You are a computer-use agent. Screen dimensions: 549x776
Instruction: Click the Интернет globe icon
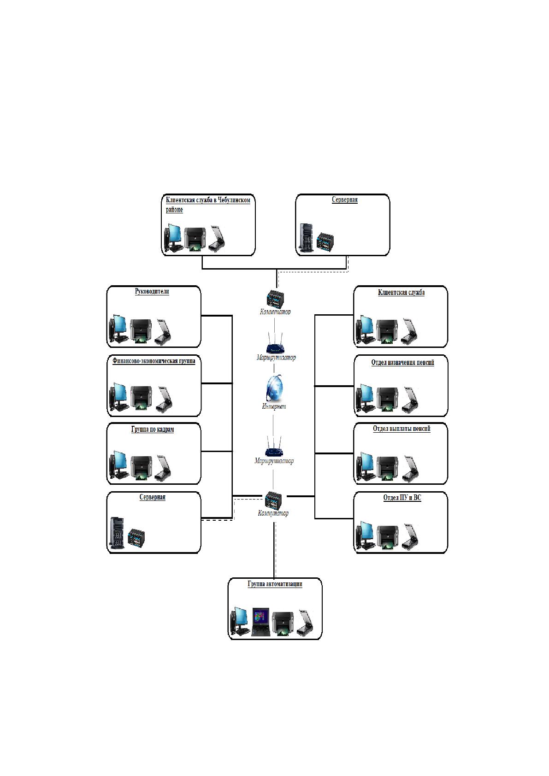(274, 388)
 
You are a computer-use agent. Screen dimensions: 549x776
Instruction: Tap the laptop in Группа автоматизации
(260, 622)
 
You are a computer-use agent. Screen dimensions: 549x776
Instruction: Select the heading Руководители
(152, 291)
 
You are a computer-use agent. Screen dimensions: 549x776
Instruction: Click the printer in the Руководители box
(141, 331)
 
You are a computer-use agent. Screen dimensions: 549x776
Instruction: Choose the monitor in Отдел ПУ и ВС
(365, 535)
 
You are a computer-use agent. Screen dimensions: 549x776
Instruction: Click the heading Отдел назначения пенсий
(402, 363)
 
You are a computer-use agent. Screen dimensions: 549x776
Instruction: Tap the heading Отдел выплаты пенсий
(401, 429)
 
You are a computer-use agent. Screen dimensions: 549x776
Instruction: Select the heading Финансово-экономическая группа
(153, 361)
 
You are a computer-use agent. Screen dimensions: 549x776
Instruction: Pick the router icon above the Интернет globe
(275, 343)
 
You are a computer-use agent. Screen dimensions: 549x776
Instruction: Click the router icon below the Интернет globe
(274, 446)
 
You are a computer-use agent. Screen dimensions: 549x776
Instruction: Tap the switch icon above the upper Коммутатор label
(276, 298)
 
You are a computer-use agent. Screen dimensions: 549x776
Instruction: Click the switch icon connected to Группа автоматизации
(273, 500)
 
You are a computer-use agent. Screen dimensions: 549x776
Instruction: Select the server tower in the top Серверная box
(307, 238)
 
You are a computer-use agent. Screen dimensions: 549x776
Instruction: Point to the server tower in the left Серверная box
(117, 534)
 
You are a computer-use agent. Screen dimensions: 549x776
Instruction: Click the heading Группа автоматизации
(275, 584)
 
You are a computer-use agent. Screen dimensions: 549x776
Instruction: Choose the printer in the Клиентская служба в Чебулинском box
(195, 239)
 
